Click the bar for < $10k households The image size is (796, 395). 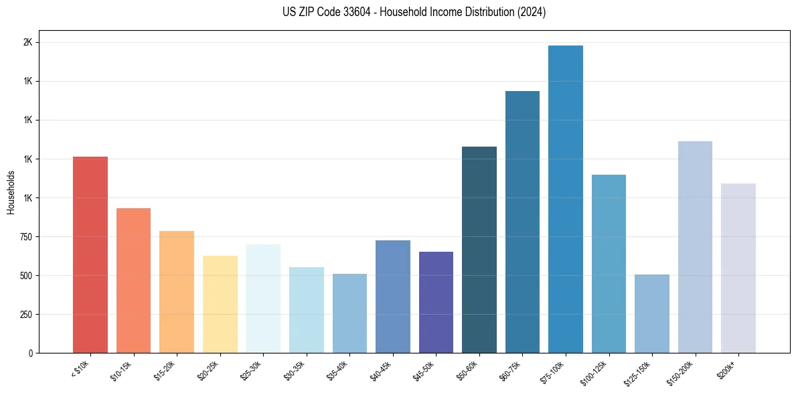(x=90, y=254)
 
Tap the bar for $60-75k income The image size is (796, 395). (x=522, y=222)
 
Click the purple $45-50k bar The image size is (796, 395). (x=436, y=302)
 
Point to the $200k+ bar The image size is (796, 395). (x=738, y=268)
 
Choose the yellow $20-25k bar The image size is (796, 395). (x=220, y=304)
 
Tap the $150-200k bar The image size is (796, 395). (x=695, y=247)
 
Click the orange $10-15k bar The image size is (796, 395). (x=133, y=281)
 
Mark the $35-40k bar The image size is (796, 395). (x=349, y=313)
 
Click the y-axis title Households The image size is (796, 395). (x=11, y=192)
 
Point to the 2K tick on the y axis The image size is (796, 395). (x=28, y=42)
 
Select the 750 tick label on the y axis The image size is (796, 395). (x=25, y=237)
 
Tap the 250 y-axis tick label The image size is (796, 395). (x=25, y=315)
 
